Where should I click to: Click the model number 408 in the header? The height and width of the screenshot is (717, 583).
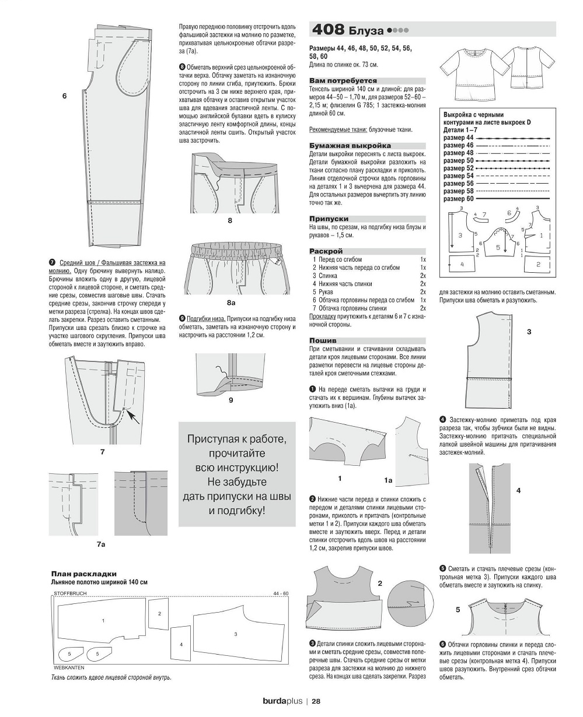click(x=329, y=30)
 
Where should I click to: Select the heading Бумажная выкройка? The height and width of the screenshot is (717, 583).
click(x=350, y=146)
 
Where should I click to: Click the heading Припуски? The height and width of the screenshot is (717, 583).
click(x=329, y=219)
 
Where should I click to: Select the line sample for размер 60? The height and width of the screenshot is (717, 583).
click(x=514, y=199)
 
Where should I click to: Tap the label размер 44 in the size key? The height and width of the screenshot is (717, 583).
click(x=458, y=137)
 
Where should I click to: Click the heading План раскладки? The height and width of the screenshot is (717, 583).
click(x=84, y=574)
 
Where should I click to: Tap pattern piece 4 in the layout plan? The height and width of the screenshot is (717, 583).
click(x=181, y=644)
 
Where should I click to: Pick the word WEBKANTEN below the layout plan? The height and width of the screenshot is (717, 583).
click(x=69, y=666)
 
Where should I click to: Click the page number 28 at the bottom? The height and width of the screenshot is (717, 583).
click(x=315, y=701)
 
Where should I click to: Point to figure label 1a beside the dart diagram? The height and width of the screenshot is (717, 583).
click(x=387, y=481)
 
